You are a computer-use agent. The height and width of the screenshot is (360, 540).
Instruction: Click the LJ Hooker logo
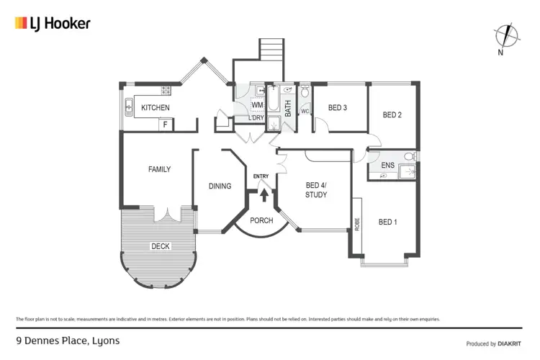click(53, 23)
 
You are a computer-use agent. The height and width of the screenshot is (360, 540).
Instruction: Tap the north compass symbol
click(506, 36)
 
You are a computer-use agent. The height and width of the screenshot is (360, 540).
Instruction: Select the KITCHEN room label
click(155, 108)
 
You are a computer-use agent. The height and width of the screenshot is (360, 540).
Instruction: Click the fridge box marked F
click(165, 125)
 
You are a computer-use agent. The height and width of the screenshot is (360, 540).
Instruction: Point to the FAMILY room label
click(159, 170)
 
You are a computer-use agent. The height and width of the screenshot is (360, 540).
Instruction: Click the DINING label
click(220, 186)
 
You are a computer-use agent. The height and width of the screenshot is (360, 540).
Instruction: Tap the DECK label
click(160, 246)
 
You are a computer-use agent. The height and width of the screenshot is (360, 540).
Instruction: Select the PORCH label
click(261, 220)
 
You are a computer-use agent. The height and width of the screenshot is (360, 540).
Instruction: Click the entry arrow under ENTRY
click(264, 194)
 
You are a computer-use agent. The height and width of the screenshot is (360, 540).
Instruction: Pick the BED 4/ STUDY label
click(315, 189)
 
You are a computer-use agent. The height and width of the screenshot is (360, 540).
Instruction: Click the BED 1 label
click(387, 222)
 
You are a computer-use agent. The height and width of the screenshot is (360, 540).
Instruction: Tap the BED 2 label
click(391, 115)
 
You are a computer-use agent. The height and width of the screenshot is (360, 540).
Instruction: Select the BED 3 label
click(337, 108)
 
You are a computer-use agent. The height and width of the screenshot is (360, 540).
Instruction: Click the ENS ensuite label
click(387, 166)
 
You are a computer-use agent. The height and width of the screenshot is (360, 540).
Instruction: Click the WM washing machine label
click(257, 105)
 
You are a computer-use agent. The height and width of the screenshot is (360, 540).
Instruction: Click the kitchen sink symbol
click(129, 107)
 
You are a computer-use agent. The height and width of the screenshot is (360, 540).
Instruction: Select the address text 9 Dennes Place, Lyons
click(68, 341)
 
